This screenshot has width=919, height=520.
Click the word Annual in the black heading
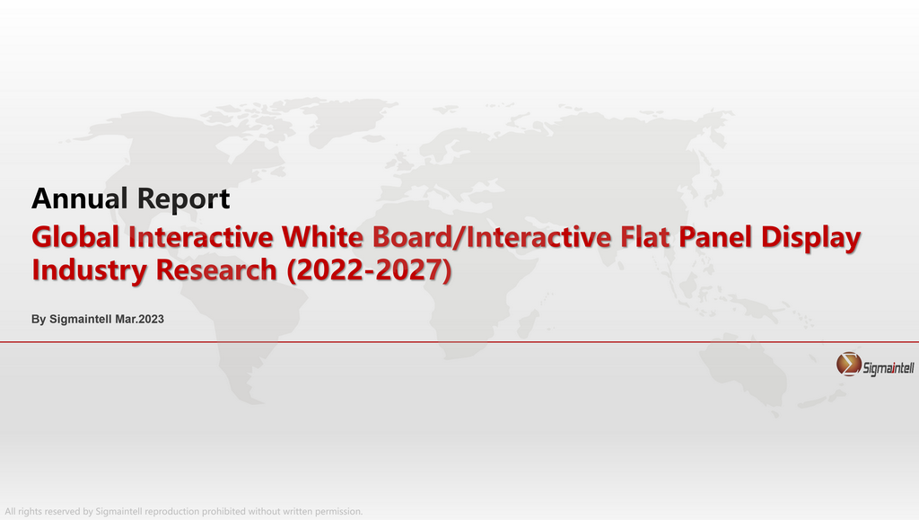(x=80, y=198)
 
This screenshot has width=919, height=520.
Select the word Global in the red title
(x=75, y=237)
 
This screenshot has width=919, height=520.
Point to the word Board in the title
(x=413, y=237)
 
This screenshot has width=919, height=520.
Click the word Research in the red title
(x=216, y=269)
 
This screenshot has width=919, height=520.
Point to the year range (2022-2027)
(x=369, y=270)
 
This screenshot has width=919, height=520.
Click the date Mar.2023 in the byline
(x=139, y=319)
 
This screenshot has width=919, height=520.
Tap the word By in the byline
(x=39, y=320)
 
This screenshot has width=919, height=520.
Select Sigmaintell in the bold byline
(x=80, y=320)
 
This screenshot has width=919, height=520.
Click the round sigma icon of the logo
(x=848, y=364)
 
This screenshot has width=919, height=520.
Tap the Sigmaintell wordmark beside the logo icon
(x=888, y=368)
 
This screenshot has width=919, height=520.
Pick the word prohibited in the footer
(x=223, y=511)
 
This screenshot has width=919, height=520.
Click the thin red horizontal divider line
(x=459, y=342)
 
